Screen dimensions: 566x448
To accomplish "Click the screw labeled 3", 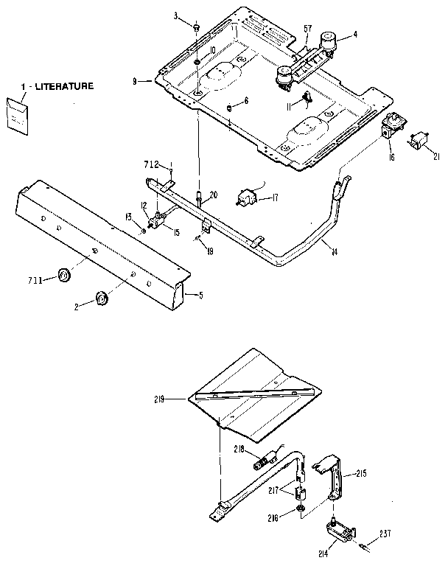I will click(x=197, y=27).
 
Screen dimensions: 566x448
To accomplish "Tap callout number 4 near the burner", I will click(x=354, y=33).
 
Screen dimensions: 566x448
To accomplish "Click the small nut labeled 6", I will click(x=229, y=107).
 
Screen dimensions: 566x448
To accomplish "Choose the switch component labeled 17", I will click(x=248, y=198).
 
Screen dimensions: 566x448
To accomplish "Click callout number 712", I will click(x=151, y=164).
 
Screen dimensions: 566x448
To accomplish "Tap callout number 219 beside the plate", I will click(x=174, y=399).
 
